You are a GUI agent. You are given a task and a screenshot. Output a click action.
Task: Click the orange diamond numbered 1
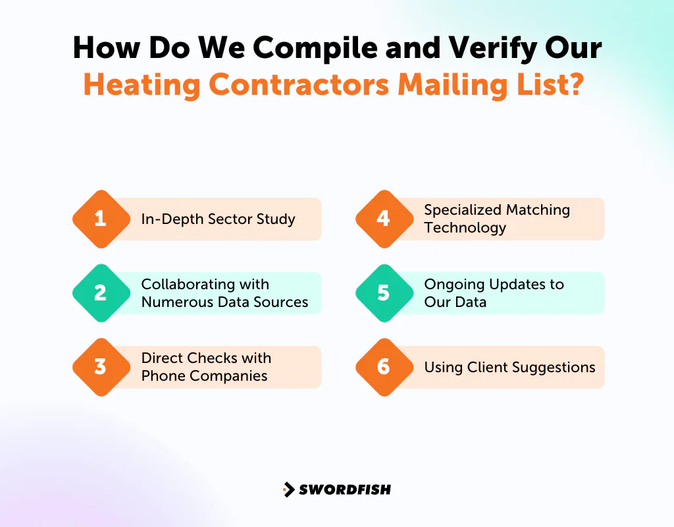[x=101, y=219]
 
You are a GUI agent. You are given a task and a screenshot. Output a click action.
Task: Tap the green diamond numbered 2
[x=101, y=292]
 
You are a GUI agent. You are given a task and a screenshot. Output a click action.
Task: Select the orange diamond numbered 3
[x=101, y=367]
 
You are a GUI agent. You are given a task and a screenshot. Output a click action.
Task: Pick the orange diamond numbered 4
[x=384, y=219]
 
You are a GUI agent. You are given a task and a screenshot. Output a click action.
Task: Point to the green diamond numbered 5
[x=384, y=292]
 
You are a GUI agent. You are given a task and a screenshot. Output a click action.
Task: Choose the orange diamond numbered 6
[x=384, y=367]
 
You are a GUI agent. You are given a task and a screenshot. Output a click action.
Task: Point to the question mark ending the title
[x=574, y=85]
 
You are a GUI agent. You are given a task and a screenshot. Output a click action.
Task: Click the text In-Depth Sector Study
[x=218, y=219]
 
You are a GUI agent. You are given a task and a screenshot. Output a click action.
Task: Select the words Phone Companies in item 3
[x=204, y=376]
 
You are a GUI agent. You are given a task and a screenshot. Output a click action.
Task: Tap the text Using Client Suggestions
[x=509, y=367]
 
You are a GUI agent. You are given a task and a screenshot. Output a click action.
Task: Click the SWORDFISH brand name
[x=345, y=489]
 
